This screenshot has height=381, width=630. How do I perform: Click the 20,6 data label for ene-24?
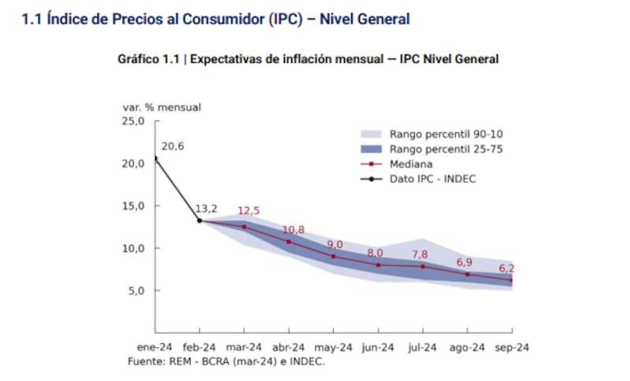172,146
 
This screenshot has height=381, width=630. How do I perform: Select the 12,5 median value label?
250,211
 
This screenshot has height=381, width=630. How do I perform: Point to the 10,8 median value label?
294,230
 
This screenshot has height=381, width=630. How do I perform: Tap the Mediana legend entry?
409,164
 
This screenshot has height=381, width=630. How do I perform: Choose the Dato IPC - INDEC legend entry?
432,179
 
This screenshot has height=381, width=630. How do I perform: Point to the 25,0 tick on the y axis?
132,121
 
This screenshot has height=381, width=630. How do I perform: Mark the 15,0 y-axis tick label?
132,206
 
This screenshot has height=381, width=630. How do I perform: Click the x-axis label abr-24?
289,347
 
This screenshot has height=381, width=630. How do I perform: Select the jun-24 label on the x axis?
378,347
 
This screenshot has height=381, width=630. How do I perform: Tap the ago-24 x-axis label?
468,347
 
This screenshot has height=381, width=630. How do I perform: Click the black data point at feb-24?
199,220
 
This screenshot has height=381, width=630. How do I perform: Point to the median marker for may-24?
333,257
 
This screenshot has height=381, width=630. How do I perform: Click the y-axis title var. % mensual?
161,106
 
